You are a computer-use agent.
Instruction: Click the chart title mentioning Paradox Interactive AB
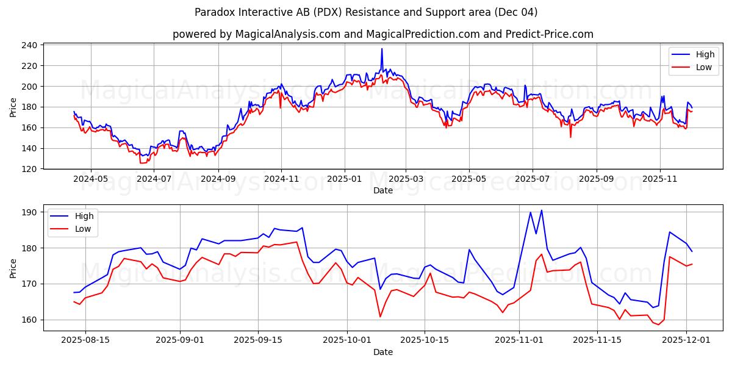pos(366,12)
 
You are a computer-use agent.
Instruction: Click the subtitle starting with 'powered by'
pos(382,34)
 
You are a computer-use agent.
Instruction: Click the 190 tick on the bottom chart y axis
pos(31,212)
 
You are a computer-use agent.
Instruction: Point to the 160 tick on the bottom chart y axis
pos(31,320)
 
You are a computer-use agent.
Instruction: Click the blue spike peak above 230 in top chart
pos(382,49)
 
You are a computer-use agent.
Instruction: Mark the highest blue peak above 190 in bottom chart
pos(541,210)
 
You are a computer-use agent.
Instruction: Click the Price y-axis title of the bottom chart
pos(13,268)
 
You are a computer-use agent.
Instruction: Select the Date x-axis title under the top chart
pos(382,190)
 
